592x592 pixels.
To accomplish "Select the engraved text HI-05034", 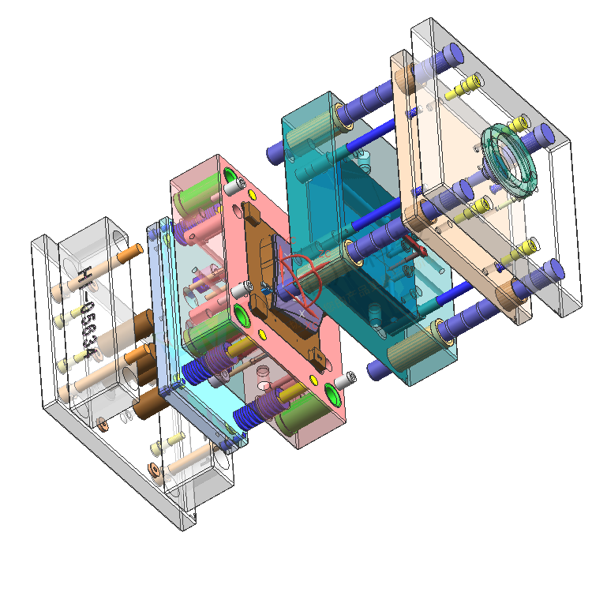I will (x=89, y=316).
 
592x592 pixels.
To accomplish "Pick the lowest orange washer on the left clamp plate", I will (x=155, y=473).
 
